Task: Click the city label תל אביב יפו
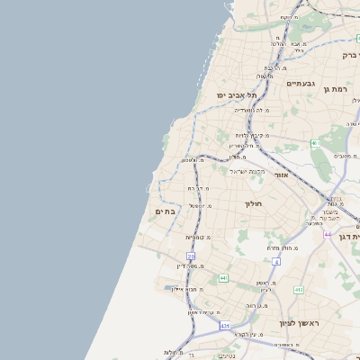pyautogui.click(x=237, y=94)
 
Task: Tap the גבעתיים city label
pyautogui.click(x=301, y=83)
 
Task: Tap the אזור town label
pyautogui.click(x=281, y=174)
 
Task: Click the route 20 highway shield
pyautogui.click(x=191, y=256)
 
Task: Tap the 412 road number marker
pyautogui.click(x=299, y=290)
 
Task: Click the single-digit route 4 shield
pyautogui.click(x=277, y=262)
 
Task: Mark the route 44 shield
pyautogui.click(x=328, y=234)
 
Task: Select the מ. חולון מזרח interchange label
pyautogui.click(x=280, y=247)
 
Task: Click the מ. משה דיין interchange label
pyautogui.click(x=195, y=265)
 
